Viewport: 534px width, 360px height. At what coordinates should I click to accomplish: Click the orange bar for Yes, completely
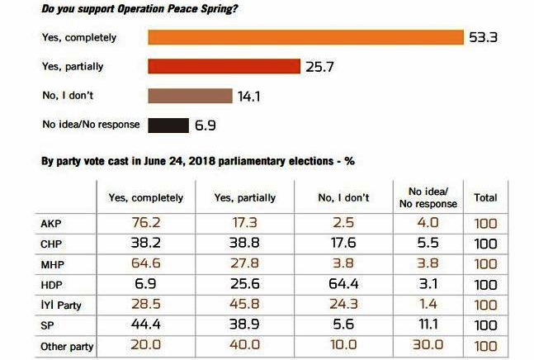(x=305, y=37)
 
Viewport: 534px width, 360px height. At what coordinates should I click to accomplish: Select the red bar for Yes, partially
(x=223, y=66)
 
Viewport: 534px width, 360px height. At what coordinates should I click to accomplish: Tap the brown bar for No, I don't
(x=190, y=96)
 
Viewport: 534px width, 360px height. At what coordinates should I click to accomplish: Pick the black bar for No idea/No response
(x=168, y=126)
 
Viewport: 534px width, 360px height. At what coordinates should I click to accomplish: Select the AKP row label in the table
(x=50, y=223)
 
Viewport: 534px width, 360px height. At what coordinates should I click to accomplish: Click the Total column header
(x=485, y=198)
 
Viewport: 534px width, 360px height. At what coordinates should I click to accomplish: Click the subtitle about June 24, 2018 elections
(x=198, y=160)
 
